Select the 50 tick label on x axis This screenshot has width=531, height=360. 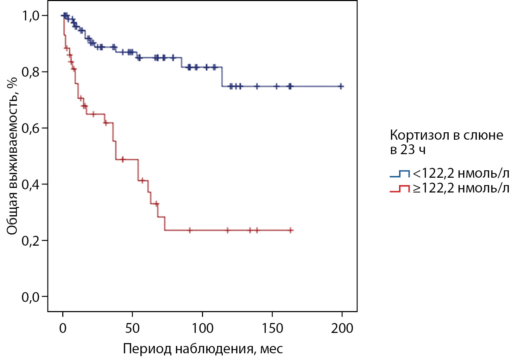click(x=132, y=328)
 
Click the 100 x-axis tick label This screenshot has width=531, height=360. click(x=202, y=328)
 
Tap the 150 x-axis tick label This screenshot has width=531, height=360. click(x=272, y=328)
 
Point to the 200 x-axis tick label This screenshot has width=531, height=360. click(x=342, y=328)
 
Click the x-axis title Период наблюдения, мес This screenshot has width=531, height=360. click(x=203, y=349)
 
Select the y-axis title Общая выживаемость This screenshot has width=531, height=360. click(x=12, y=155)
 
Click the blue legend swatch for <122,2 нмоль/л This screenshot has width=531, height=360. click(x=400, y=173)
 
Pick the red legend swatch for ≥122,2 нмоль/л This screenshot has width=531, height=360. click(x=400, y=189)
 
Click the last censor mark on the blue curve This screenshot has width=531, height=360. click(x=341, y=86)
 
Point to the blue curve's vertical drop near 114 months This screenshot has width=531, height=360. click(x=222, y=76)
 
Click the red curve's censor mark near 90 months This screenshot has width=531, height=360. click(x=190, y=230)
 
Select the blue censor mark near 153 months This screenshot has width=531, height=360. click(x=277, y=86)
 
